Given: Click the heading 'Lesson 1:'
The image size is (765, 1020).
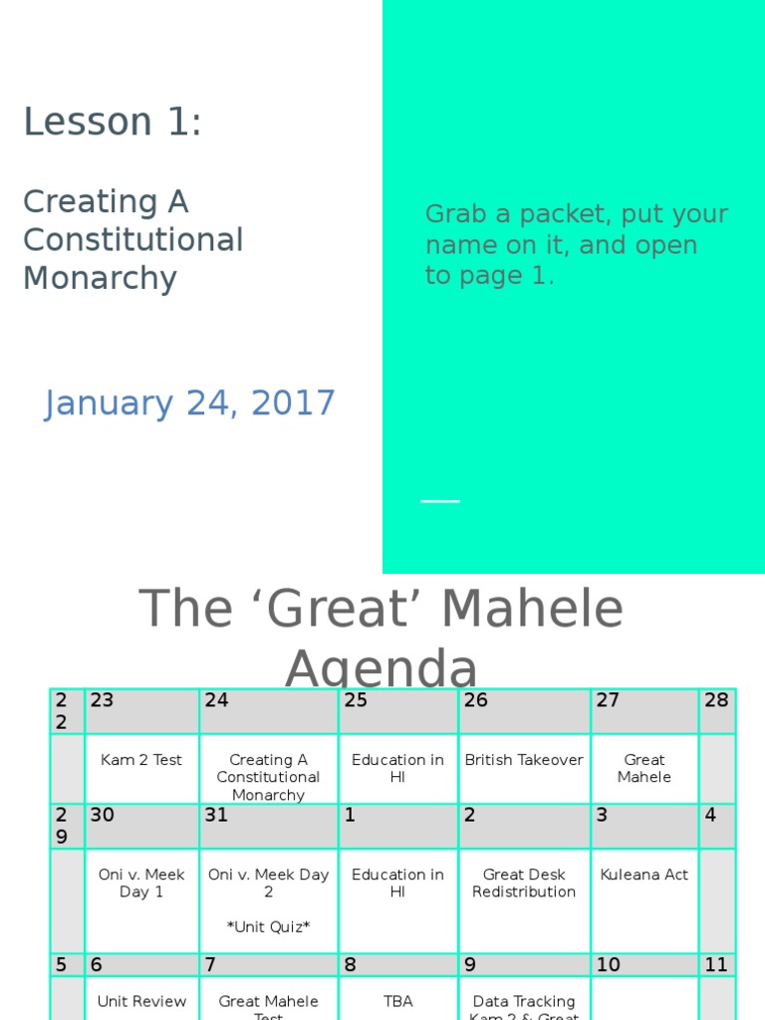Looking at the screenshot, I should (x=113, y=123).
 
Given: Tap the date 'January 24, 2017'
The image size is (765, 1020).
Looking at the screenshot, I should (x=189, y=403).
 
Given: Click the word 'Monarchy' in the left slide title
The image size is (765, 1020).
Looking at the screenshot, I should (x=100, y=278).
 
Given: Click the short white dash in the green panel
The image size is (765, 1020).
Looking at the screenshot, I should (x=440, y=501).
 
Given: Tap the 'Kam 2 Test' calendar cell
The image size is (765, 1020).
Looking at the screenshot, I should (x=141, y=760).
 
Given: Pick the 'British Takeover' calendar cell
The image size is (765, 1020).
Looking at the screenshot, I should (x=524, y=760).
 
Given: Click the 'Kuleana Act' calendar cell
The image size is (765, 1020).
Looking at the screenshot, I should (x=644, y=875).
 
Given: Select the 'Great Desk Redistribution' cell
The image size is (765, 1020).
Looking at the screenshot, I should (x=524, y=883).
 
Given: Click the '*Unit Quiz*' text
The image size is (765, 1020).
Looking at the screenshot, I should (x=268, y=927).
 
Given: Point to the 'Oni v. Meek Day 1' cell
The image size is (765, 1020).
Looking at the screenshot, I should (x=141, y=883).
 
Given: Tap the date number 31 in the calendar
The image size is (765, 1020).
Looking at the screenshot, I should (x=216, y=815).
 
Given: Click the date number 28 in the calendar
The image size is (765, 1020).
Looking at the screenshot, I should (x=716, y=700).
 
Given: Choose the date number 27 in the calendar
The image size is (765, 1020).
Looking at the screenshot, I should (x=608, y=700).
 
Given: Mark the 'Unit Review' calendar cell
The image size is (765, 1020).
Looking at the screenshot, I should (x=141, y=1001).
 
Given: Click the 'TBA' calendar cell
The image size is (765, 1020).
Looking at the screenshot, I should (x=397, y=1001).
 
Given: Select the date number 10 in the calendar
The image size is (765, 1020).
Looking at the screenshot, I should (x=608, y=964).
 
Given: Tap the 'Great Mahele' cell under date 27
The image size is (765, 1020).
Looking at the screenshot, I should (x=644, y=768).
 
